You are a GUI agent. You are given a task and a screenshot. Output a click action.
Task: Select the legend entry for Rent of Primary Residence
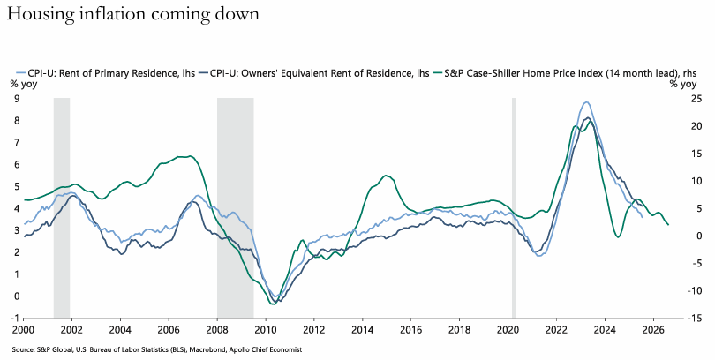(x=103, y=73)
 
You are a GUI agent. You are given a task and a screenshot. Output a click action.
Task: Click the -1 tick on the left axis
(x=13, y=318)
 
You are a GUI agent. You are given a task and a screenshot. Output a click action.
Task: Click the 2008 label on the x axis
(x=218, y=331)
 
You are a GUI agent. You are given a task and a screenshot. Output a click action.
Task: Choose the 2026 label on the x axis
(x=653, y=331)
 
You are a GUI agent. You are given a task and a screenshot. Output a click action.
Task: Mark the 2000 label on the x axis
(x=25, y=331)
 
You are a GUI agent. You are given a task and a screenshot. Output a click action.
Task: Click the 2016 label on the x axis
(x=411, y=331)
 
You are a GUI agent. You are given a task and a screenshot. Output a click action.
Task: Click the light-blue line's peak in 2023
(x=586, y=102)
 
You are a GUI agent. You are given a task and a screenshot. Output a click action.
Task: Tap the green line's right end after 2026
(x=668, y=225)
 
